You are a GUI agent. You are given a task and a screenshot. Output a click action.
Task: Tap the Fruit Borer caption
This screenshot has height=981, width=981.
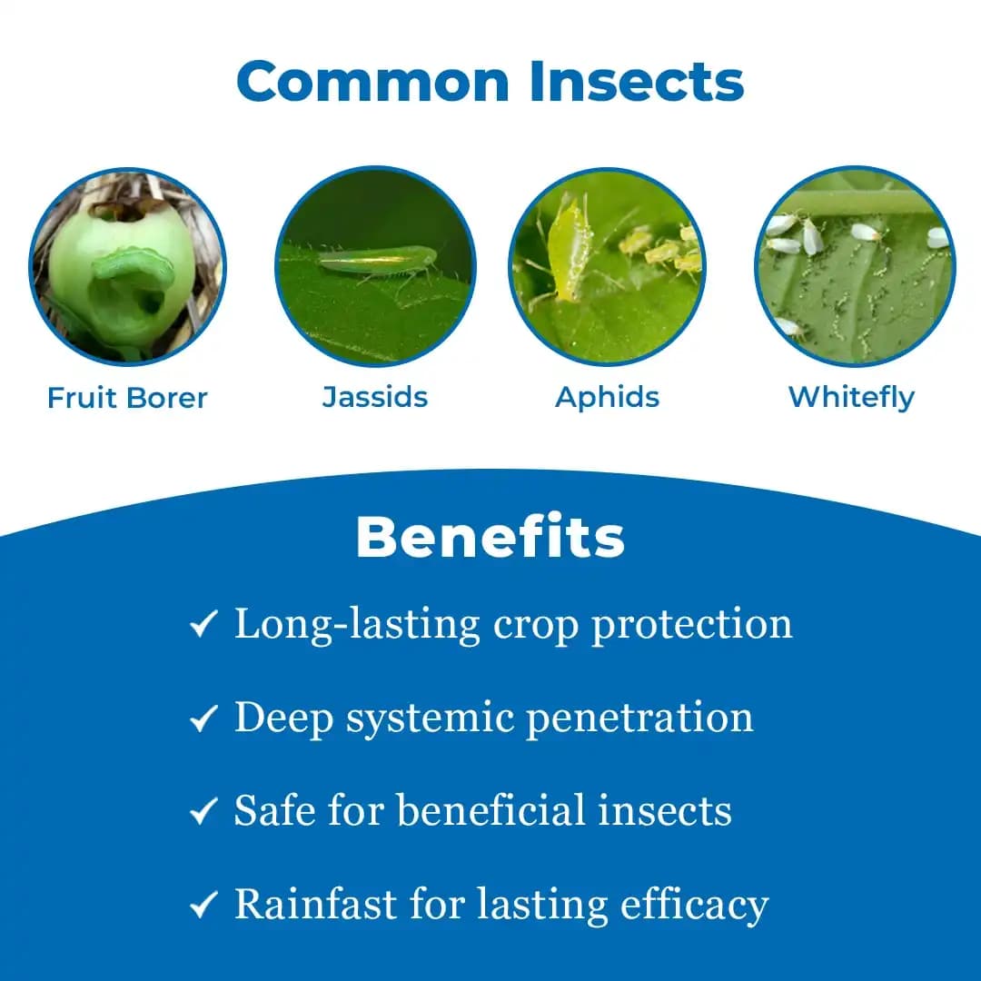[127, 398]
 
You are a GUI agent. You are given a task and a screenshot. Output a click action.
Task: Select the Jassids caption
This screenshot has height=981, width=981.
[375, 397]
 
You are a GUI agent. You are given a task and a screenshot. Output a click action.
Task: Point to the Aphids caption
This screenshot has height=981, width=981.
[608, 397]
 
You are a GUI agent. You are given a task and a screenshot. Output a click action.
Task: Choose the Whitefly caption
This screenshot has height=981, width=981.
[851, 397]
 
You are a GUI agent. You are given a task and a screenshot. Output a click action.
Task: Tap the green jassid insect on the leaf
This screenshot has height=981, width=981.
[377, 261]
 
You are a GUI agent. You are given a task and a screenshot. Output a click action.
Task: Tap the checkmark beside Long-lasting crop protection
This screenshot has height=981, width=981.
[203, 626]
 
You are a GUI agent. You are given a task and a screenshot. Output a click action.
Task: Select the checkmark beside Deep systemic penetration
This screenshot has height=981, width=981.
[203, 719]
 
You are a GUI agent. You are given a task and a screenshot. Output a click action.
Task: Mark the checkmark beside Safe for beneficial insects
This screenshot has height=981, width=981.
[203, 811]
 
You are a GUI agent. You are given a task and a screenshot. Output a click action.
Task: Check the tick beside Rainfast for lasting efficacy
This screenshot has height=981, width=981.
[203, 906]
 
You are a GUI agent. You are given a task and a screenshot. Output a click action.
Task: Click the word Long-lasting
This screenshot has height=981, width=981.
[357, 624]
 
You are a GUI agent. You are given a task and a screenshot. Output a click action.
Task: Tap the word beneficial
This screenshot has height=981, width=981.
[490, 810]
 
